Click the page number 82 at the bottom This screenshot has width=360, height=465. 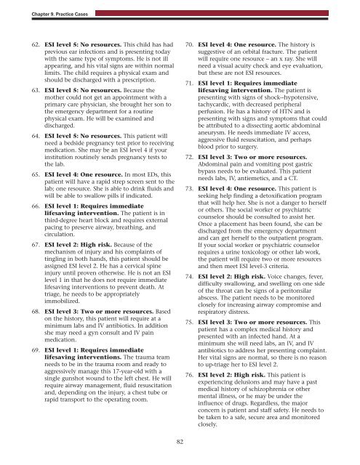(179, 442)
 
